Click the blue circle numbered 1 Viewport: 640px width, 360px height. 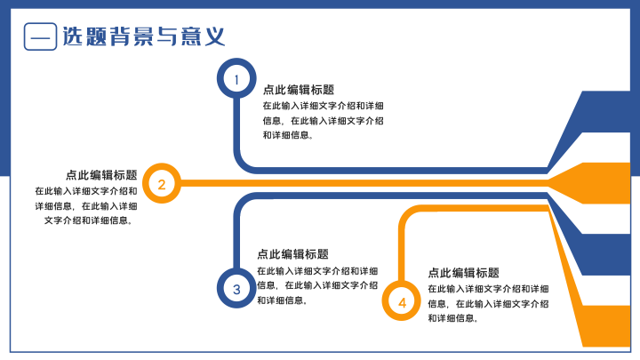[236, 65]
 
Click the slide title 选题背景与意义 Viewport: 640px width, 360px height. [144, 36]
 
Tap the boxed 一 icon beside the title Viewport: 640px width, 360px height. [40, 36]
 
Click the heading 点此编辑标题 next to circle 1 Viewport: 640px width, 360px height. [299, 90]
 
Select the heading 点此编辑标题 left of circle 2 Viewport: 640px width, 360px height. [101, 175]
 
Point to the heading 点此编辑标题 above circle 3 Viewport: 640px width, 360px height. [292, 254]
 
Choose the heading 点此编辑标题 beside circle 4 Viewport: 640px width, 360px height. [464, 273]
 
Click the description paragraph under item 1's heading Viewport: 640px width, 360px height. [324, 120]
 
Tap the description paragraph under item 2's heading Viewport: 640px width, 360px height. [86, 205]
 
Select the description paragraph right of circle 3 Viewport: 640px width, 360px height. [317, 285]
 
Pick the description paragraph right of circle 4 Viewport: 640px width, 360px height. [488, 304]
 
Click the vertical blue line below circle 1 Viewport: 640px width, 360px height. [236, 126]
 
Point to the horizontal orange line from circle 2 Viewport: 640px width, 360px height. [364, 183]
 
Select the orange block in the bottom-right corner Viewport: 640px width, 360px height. [606, 325]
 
